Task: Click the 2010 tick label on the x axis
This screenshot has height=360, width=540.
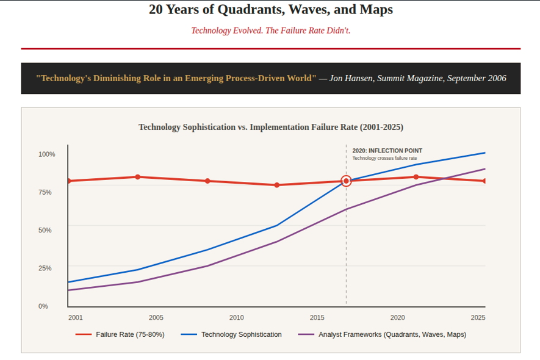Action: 236,317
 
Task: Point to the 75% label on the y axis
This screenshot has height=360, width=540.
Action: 46,192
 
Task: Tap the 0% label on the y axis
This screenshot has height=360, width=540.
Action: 43,306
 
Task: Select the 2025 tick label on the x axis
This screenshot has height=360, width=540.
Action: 478,317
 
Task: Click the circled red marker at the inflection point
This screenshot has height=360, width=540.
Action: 346,181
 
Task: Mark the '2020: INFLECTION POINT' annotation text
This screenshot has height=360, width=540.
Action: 387,151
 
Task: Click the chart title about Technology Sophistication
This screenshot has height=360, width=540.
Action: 271,127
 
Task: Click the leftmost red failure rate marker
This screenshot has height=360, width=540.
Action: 68,181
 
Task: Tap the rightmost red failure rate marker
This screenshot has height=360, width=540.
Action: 485,181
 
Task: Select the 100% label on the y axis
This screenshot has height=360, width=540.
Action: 47,154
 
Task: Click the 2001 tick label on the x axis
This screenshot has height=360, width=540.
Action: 76,317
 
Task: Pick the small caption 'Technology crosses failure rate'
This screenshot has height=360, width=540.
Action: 384,159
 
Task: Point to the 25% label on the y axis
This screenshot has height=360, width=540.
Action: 46,268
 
